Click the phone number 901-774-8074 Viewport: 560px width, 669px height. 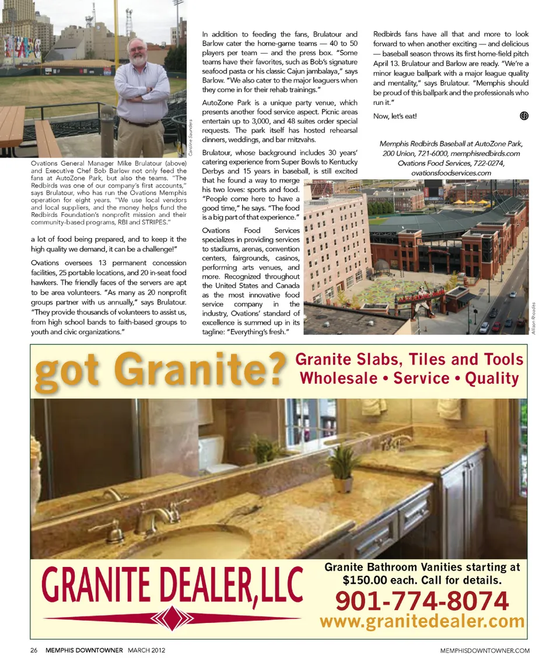(422, 600)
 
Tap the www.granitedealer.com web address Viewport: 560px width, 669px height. (422, 621)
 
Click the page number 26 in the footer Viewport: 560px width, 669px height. (34, 650)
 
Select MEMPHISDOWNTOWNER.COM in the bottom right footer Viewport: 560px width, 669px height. (485, 650)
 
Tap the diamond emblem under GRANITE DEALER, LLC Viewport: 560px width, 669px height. (173, 618)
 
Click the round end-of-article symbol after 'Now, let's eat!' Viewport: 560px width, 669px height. (523, 115)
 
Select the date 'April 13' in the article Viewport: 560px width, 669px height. (387, 64)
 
